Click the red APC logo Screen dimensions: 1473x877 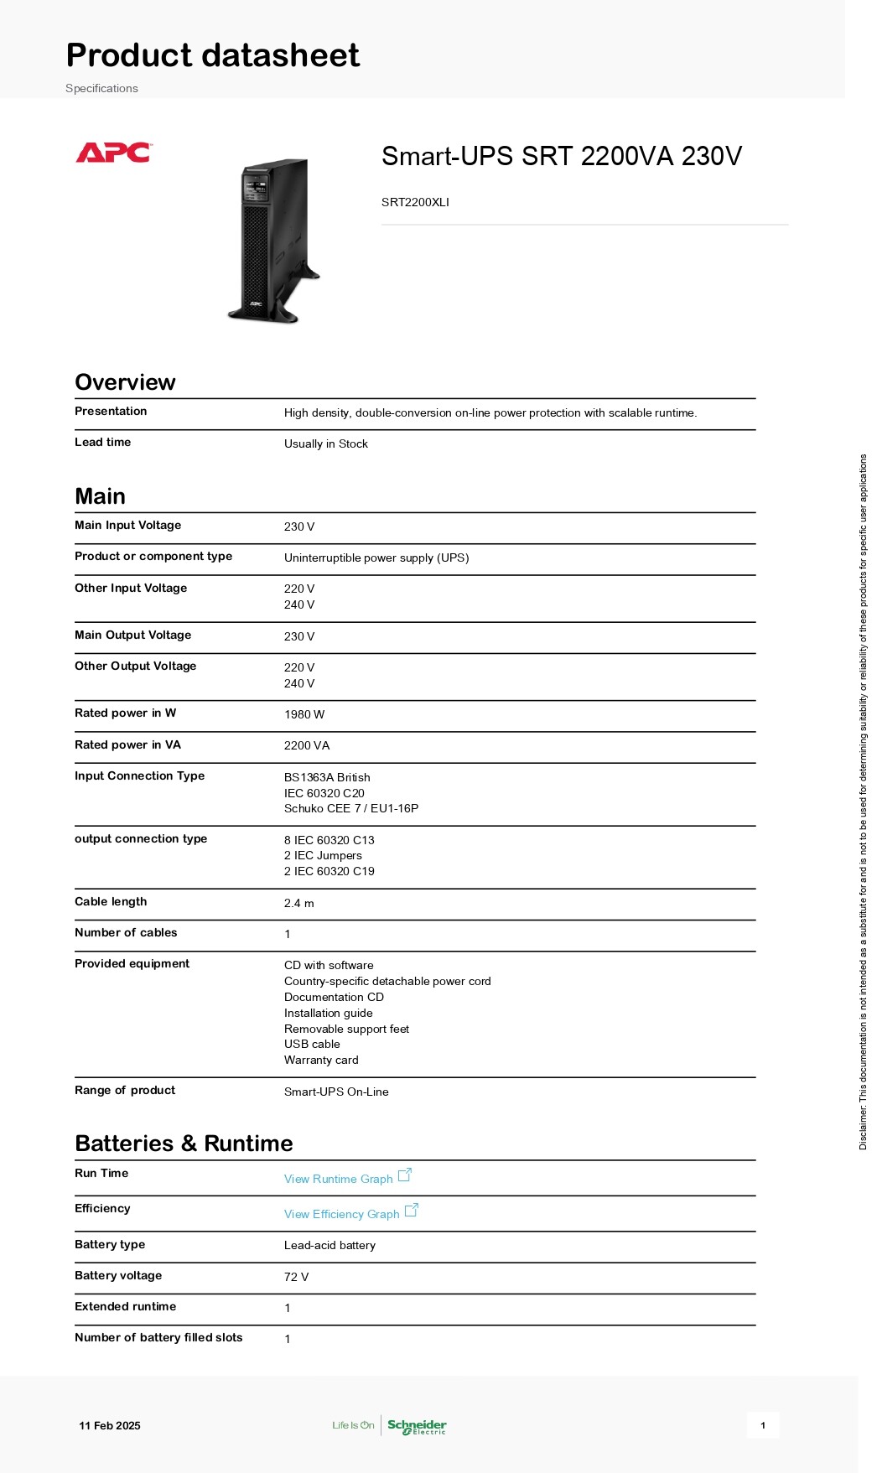(113, 153)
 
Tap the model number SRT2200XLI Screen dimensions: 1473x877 (415, 202)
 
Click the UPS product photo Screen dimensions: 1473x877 (272, 241)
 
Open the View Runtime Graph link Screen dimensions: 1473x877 (339, 1179)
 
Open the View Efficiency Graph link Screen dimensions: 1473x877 (342, 1214)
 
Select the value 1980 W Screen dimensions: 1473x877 (304, 714)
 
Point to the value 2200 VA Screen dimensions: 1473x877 (307, 745)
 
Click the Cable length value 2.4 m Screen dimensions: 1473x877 (299, 903)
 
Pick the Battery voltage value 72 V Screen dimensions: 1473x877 (296, 1277)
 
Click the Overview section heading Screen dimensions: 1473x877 (125, 382)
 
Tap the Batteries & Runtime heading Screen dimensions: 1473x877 (184, 1144)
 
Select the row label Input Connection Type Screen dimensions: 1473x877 (139, 775)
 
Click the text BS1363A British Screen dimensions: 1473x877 (327, 777)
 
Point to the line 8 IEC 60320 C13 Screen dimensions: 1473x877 (329, 840)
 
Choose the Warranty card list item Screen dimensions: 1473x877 (321, 1060)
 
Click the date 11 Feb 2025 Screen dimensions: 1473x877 (110, 1425)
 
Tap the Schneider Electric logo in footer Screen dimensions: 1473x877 (417, 1426)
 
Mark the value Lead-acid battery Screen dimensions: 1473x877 (330, 1245)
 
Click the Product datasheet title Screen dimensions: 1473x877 (213, 55)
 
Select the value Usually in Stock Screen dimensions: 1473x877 (326, 443)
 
